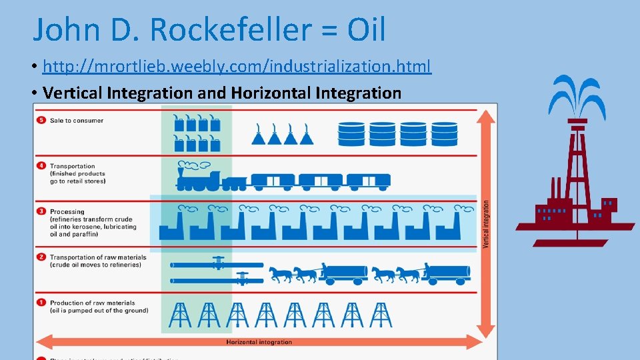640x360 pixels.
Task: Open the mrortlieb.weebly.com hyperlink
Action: click(x=237, y=67)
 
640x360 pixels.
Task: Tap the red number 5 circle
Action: click(x=41, y=121)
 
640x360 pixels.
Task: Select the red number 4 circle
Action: click(x=41, y=166)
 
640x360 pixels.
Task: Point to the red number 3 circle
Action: click(x=41, y=211)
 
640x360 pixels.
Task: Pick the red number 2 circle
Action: click(x=41, y=257)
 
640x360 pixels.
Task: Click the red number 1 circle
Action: click(x=41, y=303)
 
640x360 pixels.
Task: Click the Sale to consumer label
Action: click(x=77, y=121)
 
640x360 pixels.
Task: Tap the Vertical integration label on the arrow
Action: click(x=486, y=225)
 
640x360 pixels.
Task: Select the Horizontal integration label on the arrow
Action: click(x=259, y=342)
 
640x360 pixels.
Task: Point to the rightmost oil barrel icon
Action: click(x=444, y=134)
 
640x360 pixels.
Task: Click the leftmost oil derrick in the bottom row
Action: click(x=179, y=315)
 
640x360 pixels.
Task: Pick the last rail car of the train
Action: click(x=369, y=180)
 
